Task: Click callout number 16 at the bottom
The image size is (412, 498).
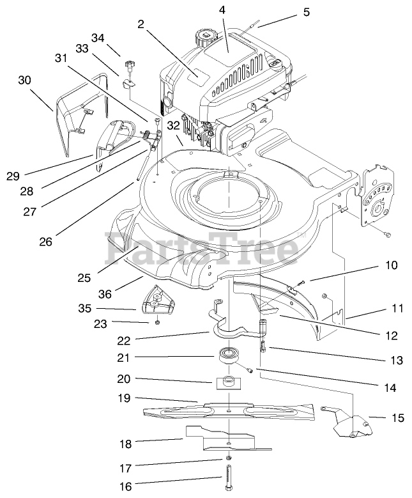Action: (x=125, y=486)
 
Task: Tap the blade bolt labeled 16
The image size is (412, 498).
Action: (x=229, y=479)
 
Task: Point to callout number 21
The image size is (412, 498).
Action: (x=125, y=356)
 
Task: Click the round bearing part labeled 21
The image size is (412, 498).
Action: (x=227, y=355)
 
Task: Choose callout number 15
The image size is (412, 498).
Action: (x=397, y=418)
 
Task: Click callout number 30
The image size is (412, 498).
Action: (x=24, y=80)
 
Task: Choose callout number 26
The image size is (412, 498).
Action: (x=44, y=242)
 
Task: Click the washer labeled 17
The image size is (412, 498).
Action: (x=228, y=463)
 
